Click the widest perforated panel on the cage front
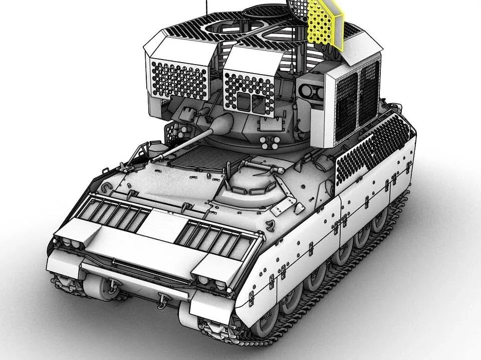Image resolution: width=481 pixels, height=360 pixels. coord(178,80)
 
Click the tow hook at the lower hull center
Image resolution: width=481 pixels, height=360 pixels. coord(162,301)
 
